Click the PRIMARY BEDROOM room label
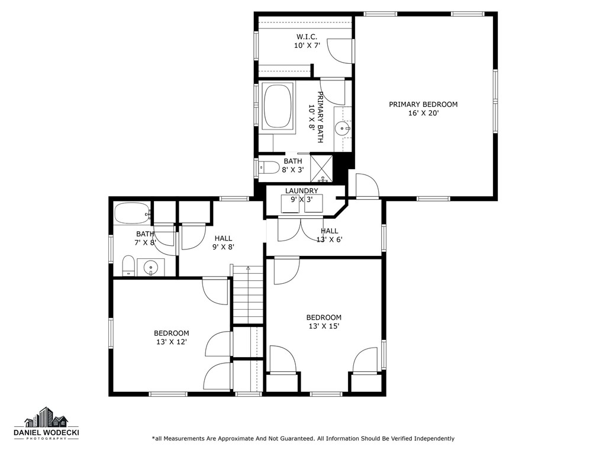423,105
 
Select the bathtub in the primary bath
278,106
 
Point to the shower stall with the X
322,167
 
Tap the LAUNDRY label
301,191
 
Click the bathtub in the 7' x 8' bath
130,213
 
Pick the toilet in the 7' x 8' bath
128,265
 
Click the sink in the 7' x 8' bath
151,268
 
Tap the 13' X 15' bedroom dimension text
323,326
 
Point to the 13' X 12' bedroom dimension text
171,342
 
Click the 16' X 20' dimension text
423,113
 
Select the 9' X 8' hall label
223,247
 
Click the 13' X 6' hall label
330,239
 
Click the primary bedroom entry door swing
367,186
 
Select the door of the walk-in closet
340,50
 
